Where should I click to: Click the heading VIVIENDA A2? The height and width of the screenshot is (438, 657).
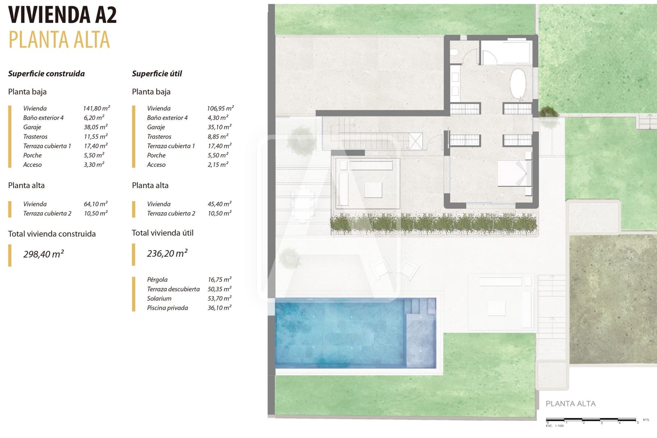(x=62, y=15)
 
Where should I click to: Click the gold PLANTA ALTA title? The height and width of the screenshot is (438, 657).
(x=59, y=40)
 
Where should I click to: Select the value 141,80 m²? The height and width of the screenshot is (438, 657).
(x=96, y=108)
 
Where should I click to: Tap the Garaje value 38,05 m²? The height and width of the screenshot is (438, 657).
(x=96, y=127)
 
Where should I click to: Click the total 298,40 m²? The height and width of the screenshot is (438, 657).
(x=44, y=254)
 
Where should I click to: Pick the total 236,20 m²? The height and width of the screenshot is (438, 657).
(x=167, y=254)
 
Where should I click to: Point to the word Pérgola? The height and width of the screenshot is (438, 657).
(x=157, y=280)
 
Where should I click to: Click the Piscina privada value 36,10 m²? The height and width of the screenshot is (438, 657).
(x=219, y=308)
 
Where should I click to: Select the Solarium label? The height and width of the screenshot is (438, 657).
(x=159, y=299)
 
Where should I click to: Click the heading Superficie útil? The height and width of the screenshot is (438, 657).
(x=157, y=74)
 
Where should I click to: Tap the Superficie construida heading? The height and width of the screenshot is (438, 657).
(x=46, y=74)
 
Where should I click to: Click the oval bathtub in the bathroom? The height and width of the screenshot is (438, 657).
(x=518, y=83)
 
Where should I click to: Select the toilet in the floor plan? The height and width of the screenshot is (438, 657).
(x=454, y=53)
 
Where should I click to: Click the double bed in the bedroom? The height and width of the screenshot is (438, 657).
(x=514, y=173)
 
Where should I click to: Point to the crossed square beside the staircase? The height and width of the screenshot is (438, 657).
(x=416, y=142)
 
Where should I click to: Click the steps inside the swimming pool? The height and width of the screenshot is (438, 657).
(x=420, y=307)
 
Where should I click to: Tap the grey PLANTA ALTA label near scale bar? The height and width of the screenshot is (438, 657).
(x=570, y=404)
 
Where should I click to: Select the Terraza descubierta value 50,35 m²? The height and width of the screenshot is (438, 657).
(x=219, y=289)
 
